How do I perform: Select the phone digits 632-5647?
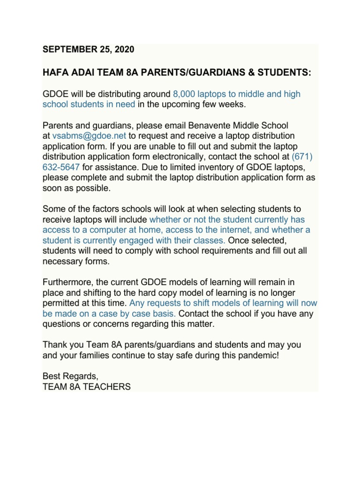tap(61, 167)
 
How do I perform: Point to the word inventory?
tap(210, 167)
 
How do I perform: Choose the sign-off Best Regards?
tap(71, 376)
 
